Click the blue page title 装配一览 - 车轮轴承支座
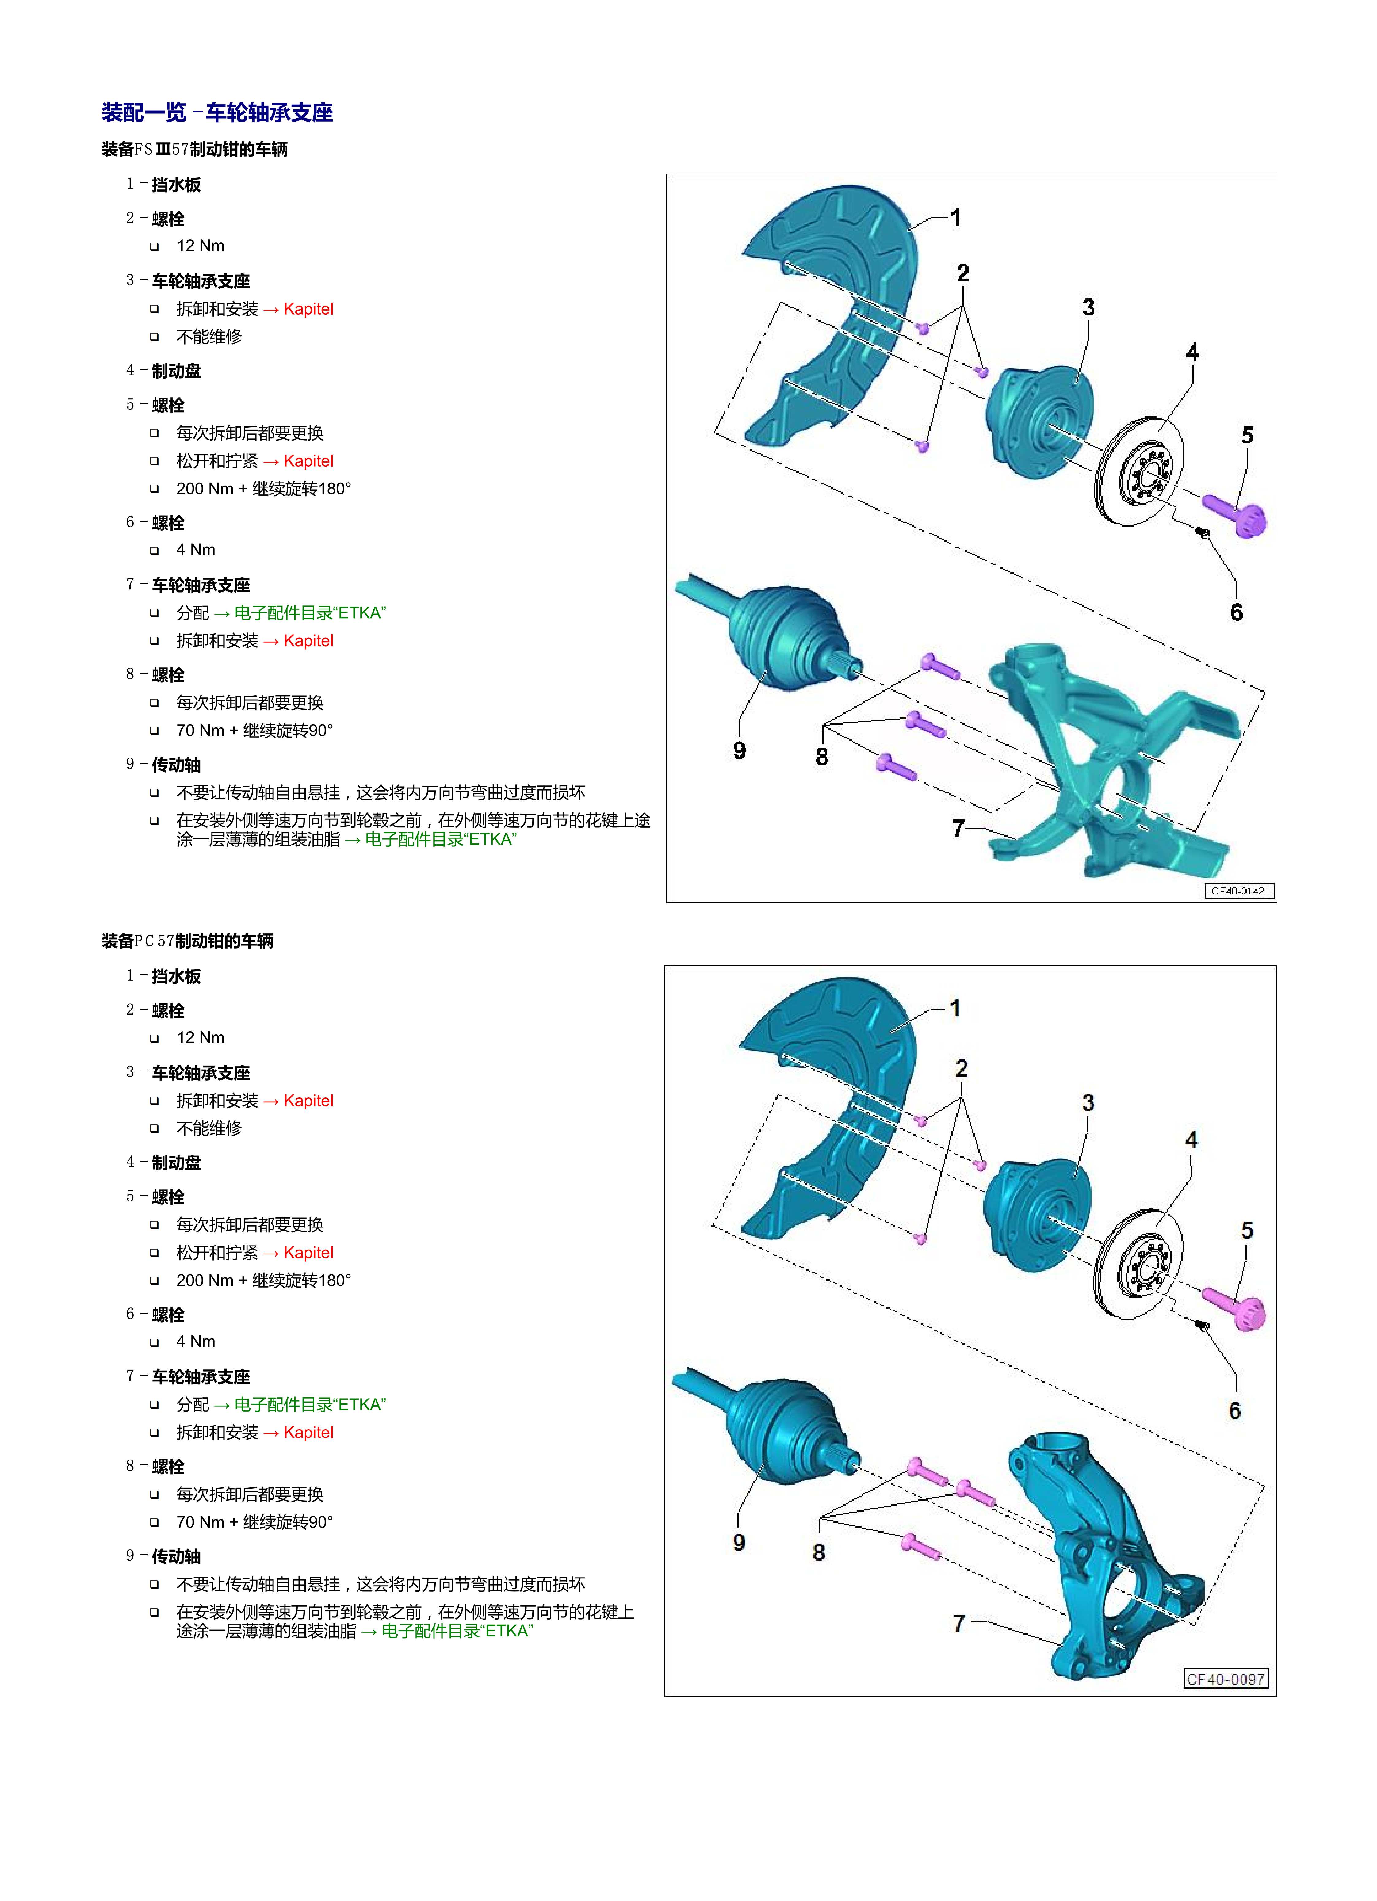(x=217, y=112)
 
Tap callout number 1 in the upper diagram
(x=955, y=218)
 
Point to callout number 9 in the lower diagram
(x=738, y=1542)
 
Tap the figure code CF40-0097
(x=1225, y=1679)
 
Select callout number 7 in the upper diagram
(x=958, y=828)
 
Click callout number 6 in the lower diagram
(x=1234, y=1411)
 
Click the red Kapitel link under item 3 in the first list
(x=308, y=309)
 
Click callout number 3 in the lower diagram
(x=1088, y=1103)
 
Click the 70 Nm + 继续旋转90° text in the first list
(x=255, y=730)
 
